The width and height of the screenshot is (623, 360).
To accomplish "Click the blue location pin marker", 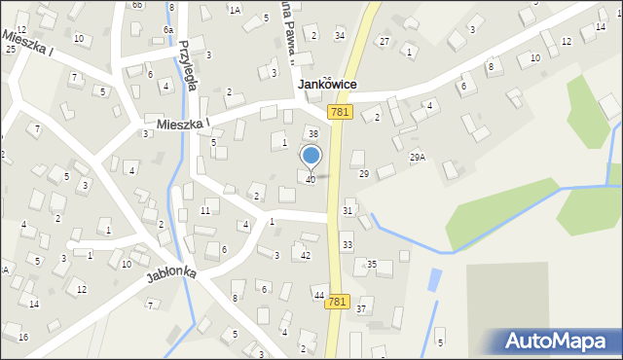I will pos(311,156).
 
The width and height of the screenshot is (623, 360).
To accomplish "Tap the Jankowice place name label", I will pos(326,85).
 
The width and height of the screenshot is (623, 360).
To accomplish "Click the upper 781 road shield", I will pos(339,113).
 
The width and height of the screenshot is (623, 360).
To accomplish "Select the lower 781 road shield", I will pos(337,303).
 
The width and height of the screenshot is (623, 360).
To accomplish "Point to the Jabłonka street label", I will pos(171,274).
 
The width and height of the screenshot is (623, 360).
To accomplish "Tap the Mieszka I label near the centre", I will pos(183,125).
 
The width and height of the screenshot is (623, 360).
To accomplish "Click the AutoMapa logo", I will pos(560,341).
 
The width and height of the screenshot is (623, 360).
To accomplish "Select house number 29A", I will pos(417,157).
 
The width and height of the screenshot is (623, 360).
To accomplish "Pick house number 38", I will pos(313,133).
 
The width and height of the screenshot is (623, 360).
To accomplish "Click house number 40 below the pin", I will pos(311,180).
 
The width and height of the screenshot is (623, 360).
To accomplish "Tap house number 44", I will pos(318,294).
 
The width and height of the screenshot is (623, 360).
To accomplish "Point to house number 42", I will pos(306,255).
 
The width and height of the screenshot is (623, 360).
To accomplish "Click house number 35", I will pos(371,264).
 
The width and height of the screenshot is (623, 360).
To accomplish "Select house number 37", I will pos(361,308).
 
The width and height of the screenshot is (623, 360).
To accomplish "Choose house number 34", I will pos(340,36).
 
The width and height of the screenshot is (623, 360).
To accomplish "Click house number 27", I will pos(385,41).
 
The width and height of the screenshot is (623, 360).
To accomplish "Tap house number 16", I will pos(23,337).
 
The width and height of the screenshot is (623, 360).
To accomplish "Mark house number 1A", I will pos(235,10).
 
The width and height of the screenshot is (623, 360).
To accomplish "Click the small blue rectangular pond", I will pos(432,281).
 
